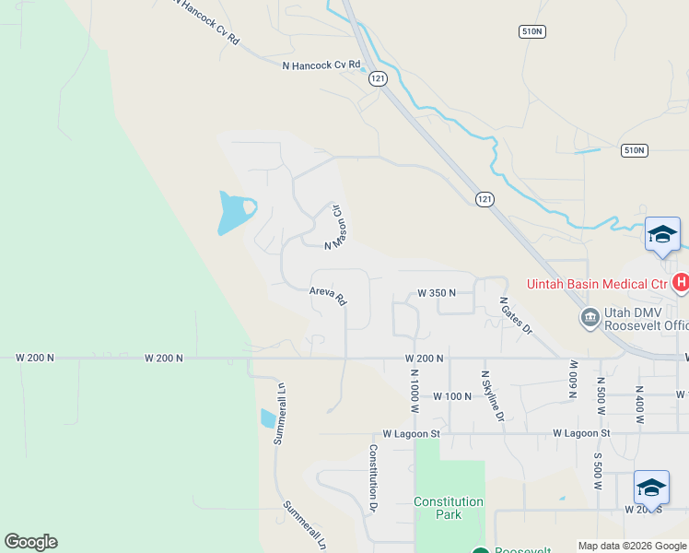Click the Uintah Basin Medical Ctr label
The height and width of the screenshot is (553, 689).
596,284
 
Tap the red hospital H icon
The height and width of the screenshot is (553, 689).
681,283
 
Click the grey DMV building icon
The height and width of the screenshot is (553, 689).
590,319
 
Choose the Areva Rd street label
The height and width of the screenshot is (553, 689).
327,299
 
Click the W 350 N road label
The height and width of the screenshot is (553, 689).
437,293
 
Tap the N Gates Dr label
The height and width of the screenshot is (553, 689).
516,314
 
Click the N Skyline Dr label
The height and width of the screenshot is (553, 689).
493,396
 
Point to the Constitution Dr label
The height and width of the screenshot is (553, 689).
373,477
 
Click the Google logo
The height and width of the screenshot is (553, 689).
30,542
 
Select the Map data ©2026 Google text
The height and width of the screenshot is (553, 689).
632,546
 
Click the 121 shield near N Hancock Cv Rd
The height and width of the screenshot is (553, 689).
379,79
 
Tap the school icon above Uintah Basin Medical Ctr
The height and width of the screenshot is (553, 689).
662,234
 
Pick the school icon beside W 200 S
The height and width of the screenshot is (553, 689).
651,488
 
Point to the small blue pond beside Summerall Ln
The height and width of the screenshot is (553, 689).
267,419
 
